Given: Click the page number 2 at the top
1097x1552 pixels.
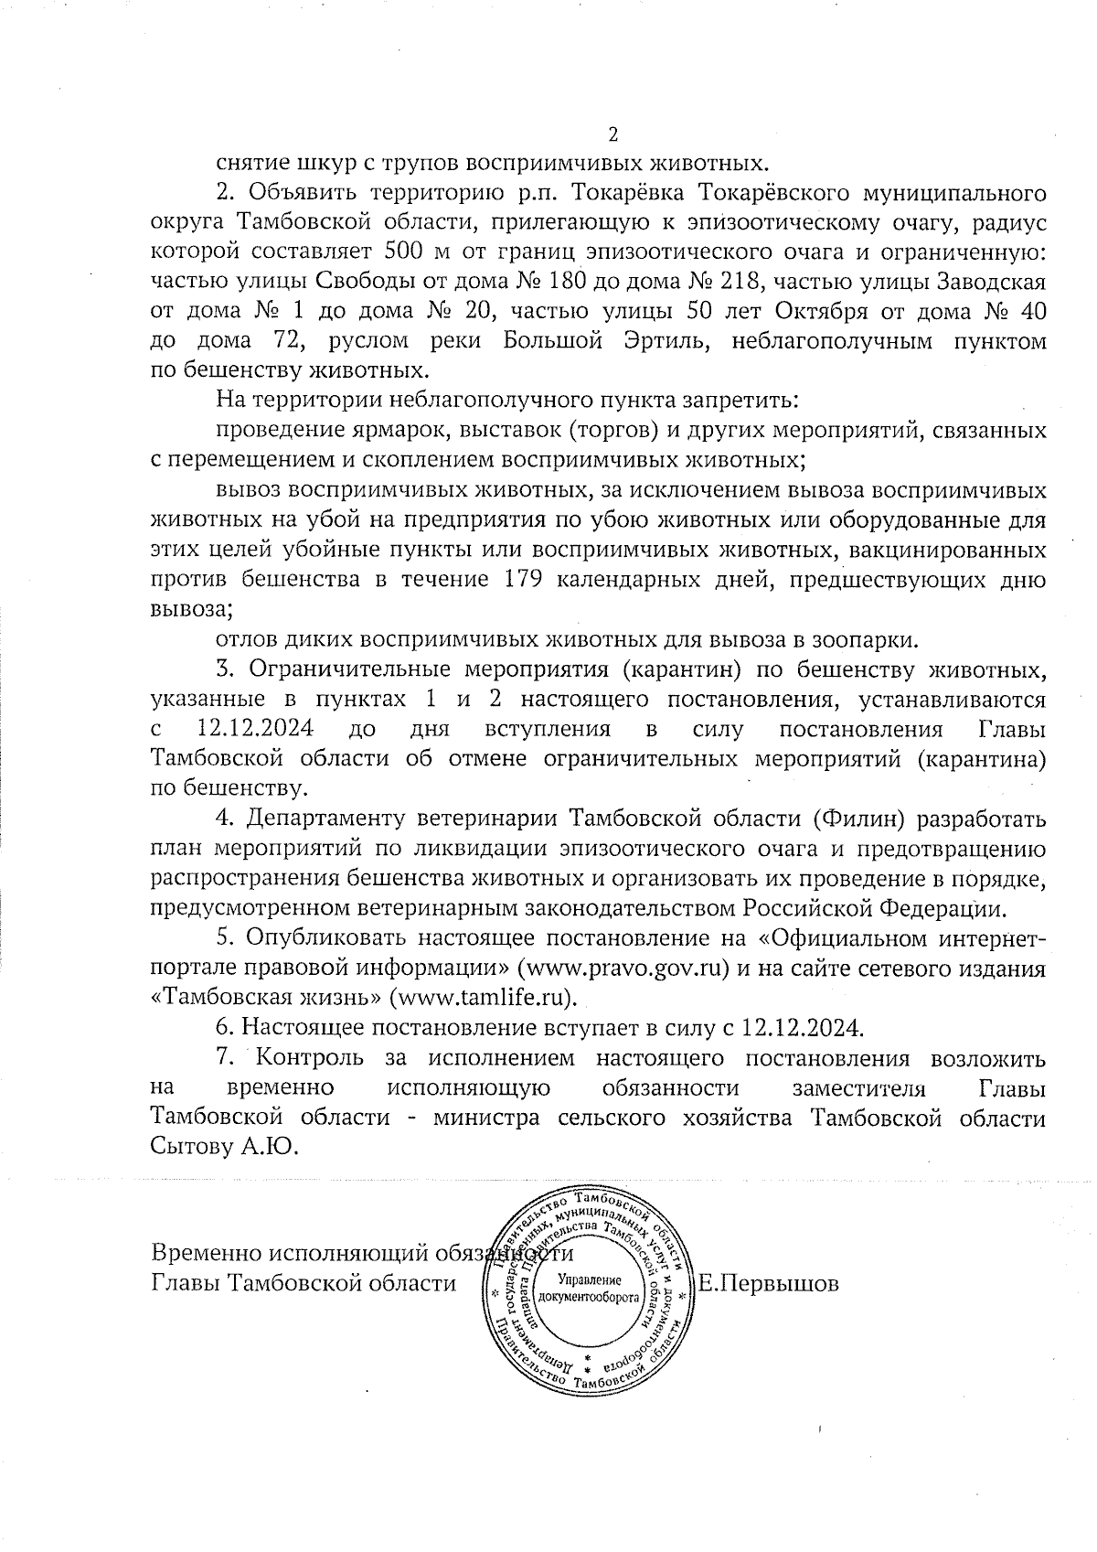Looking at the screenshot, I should tap(612, 134).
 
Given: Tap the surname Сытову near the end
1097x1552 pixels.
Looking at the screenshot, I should tap(189, 1146).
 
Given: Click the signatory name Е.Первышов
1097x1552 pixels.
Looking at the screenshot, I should tap(768, 1283).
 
